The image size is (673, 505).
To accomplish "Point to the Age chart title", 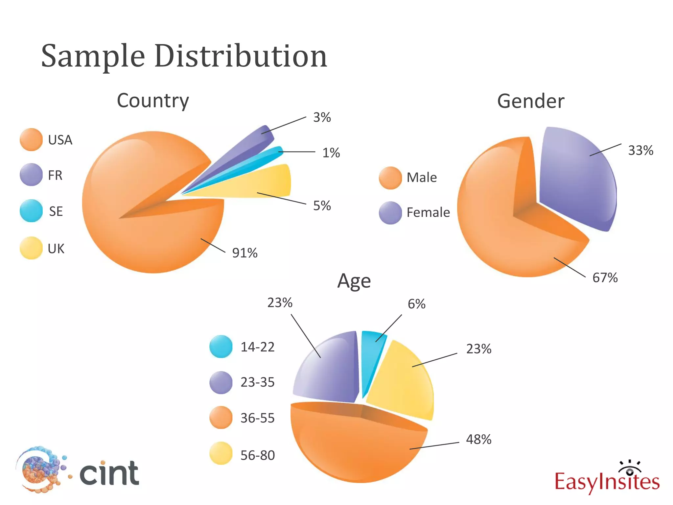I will (x=354, y=281).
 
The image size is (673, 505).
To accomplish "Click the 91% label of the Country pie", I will (x=245, y=253).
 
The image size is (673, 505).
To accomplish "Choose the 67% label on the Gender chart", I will (x=605, y=278).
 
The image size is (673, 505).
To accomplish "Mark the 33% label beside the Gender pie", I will (x=640, y=151).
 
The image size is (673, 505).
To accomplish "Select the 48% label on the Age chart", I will (x=478, y=440).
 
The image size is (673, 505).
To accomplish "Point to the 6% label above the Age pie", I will (x=416, y=304).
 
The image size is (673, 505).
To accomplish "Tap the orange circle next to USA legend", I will (x=31, y=140).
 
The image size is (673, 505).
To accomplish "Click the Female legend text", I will (x=428, y=213).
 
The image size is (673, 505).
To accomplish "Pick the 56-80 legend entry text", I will (x=258, y=455).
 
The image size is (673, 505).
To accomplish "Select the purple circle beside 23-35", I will (x=221, y=383).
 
